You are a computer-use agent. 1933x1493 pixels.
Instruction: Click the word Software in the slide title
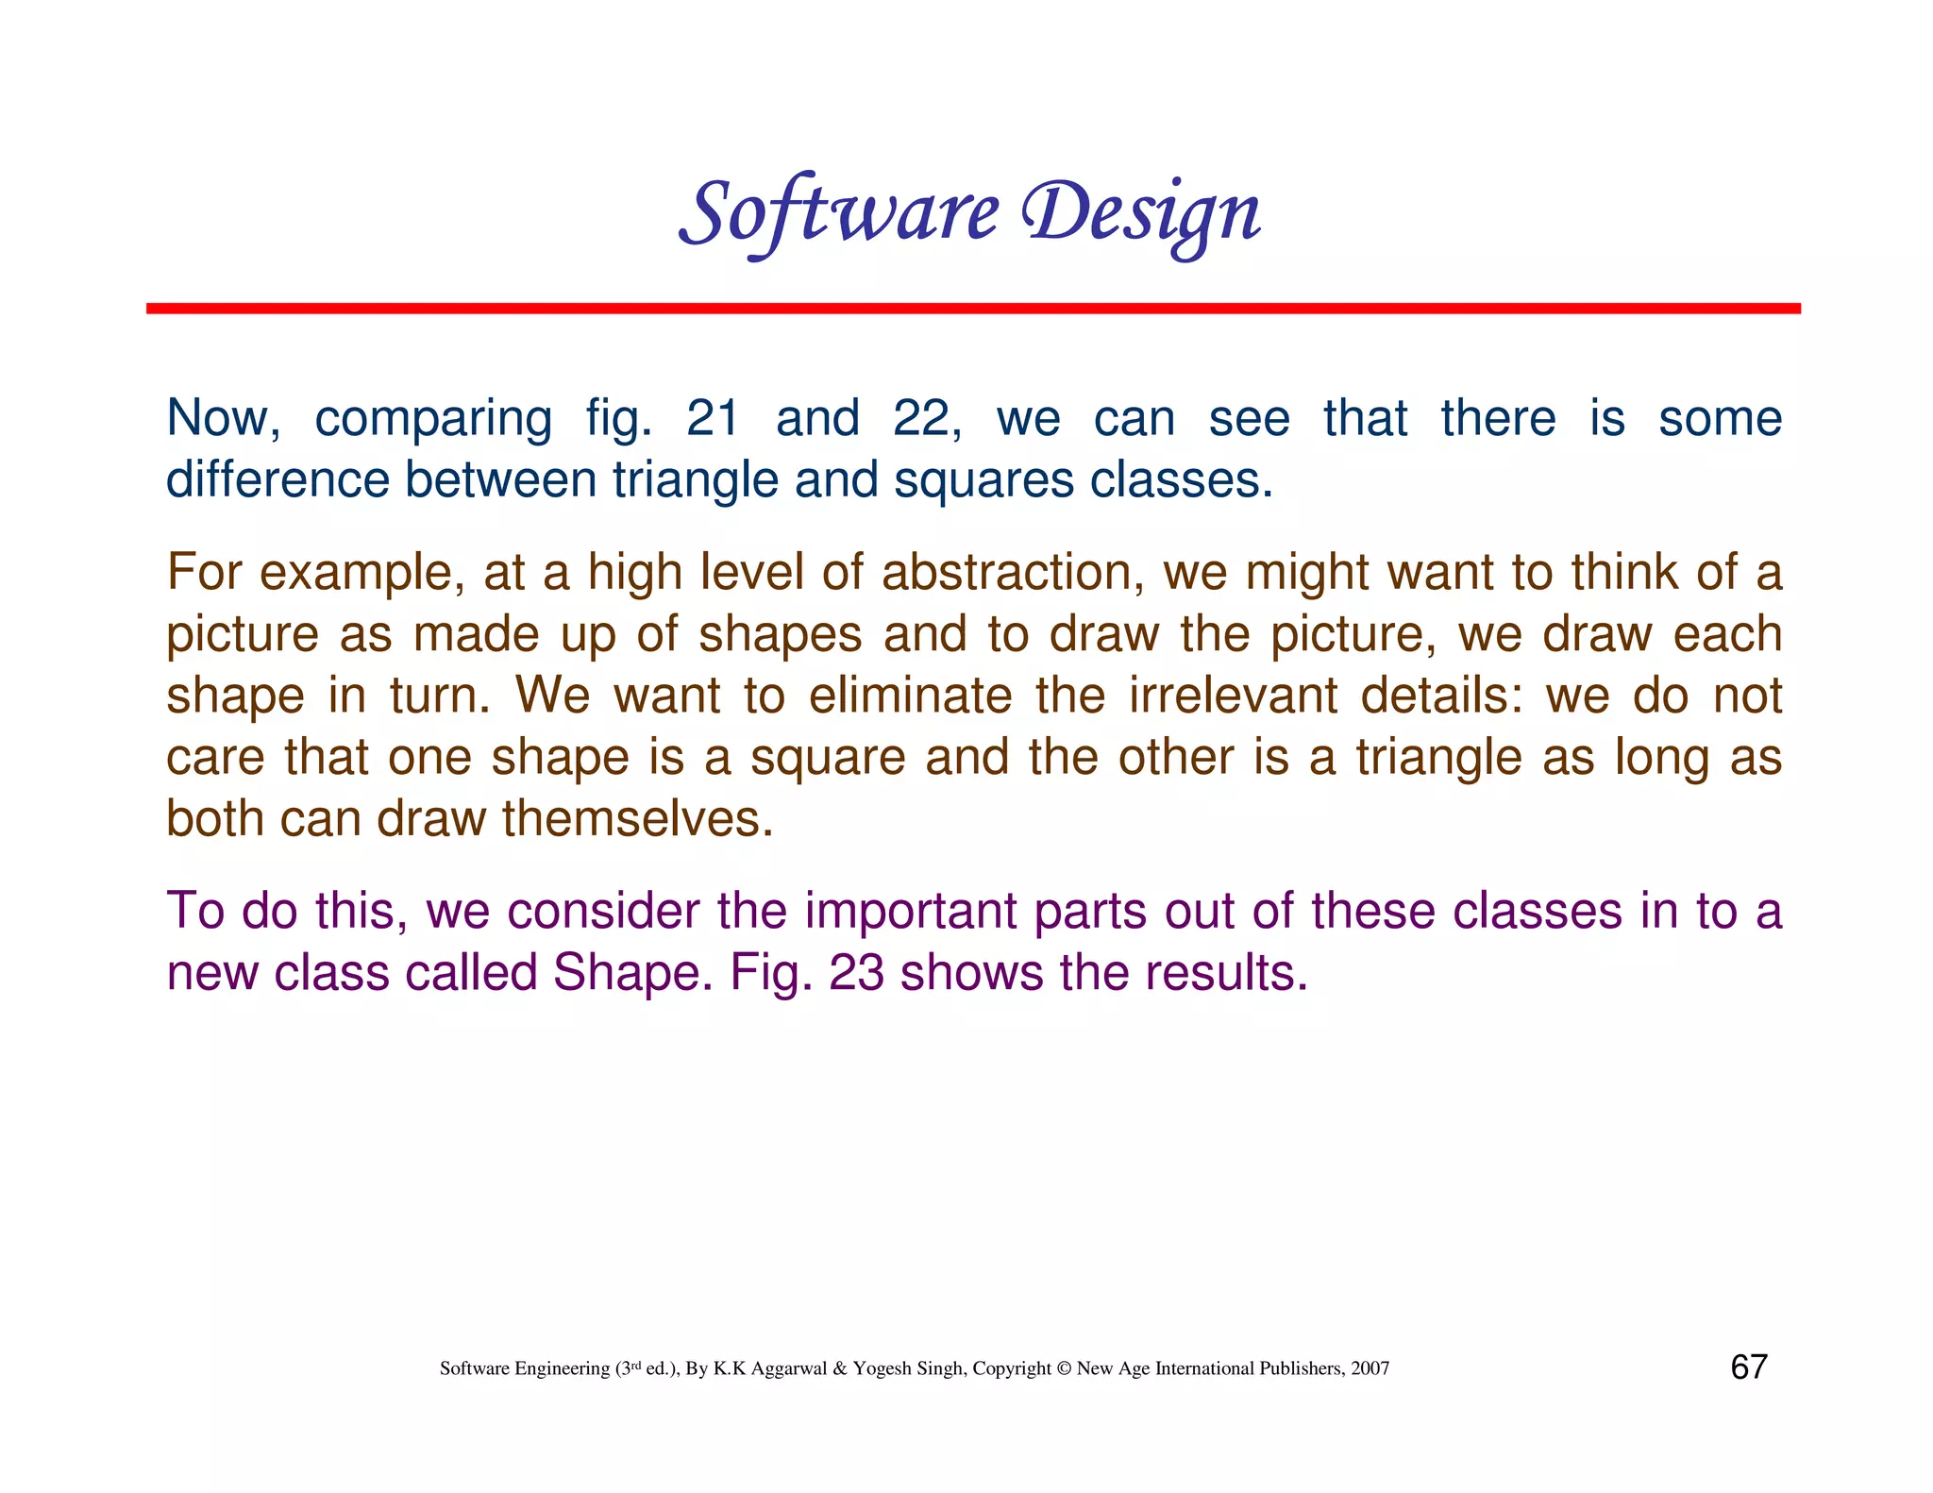tap(838, 212)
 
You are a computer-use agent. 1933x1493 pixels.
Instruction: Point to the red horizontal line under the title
tap(972, 309)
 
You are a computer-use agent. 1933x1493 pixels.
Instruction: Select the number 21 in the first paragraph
tap(713, 418)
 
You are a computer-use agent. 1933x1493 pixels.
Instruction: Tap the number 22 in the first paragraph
tap(925, 418)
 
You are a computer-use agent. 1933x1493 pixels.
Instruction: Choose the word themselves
tap(637, 818)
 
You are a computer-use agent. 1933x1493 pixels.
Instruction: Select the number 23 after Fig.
tap(856, 973)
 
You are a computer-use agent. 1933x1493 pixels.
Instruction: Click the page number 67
tap(1748, 1367)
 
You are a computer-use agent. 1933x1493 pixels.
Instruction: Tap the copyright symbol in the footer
tap(1064, 1368)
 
